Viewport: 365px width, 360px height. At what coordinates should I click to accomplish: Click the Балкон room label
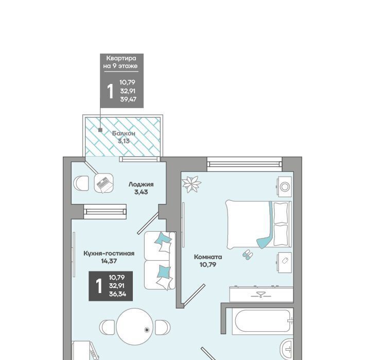pos(124,133)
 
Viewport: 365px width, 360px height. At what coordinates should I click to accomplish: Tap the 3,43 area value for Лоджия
pos(141,192)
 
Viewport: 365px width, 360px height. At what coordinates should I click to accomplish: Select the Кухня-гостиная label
pos(109,253)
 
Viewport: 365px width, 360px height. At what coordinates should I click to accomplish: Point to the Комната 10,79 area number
pos(208,265)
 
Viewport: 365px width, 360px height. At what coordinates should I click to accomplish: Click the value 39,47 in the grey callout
pos(128,100)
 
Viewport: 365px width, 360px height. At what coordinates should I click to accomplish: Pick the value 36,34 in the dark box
pos(117,294)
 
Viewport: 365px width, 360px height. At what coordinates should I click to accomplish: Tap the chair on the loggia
pos(81,183)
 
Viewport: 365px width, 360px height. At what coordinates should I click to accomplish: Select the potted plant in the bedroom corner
pos(192,184)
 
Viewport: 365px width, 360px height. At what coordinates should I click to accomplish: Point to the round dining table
pos(135,327)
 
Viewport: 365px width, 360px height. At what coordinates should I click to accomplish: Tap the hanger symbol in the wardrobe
pos(260,295)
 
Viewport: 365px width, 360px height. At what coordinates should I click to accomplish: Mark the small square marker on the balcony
pos(100,130)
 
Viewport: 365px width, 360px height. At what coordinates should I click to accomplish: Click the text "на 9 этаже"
pos(120,66)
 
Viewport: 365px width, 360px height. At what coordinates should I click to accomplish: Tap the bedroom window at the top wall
pos(245,164)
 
